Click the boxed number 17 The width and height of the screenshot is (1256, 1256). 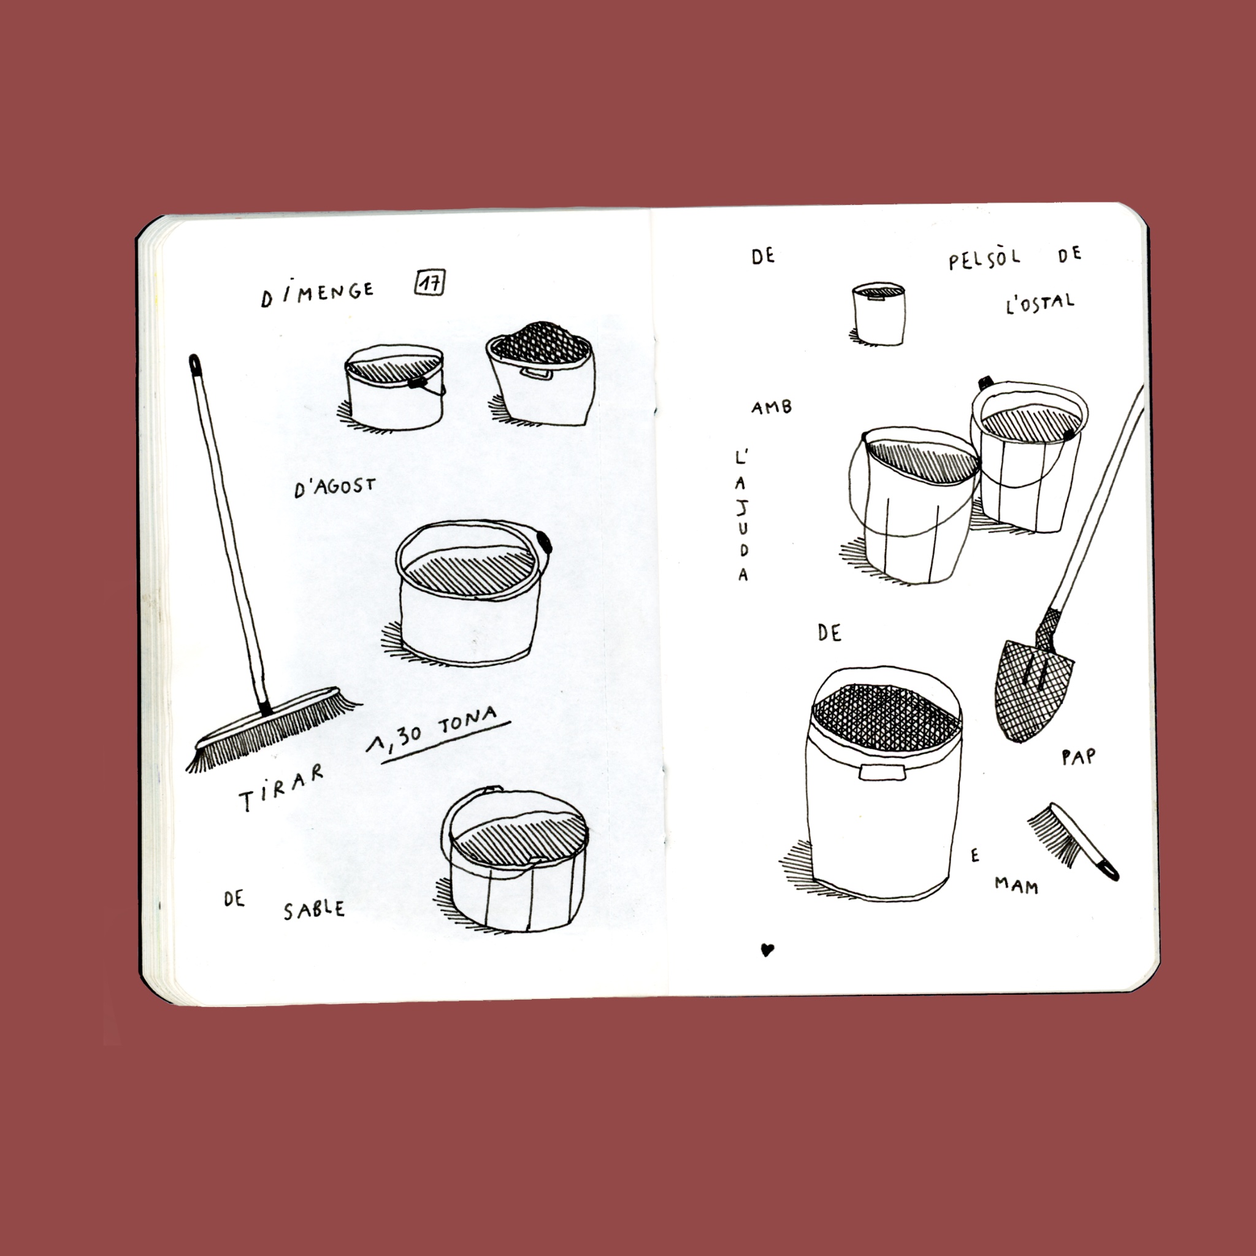pyautogui.click(x=430, y=283)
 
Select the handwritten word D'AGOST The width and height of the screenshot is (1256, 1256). pyautogui.click(x=335, y=486)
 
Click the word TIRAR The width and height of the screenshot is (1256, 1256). pyautogui.click(x=281, y=788)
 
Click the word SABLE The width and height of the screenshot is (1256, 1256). pyautogui.click(x=313, y=909)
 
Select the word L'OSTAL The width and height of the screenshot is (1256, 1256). pyautogui.click(x=1040, y=303)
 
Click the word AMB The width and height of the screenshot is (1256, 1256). pyautogui.click(x=771, y=408)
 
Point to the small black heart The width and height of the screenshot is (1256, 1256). pyautogui.click(x=767, y=950)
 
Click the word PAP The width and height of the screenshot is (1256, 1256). pyautogui.click(x=1078, y=757)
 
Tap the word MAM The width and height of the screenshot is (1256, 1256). pyautogui.click(x=1016, y=885)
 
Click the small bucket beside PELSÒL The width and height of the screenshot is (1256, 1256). pyautogui.click(x=878, y=313)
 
